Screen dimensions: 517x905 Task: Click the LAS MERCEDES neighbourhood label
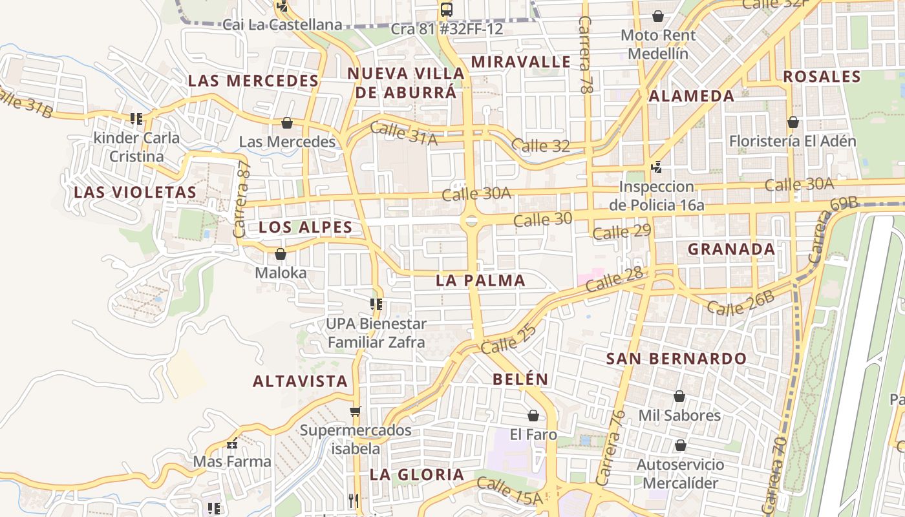tap(253, 81)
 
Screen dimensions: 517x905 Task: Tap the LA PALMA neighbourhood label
tap(480, 280)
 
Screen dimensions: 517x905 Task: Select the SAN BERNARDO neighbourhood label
tap(676, 359)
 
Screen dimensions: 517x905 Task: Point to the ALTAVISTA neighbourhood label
tap(301, 381)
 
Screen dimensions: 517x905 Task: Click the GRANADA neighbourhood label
tap(731, 249)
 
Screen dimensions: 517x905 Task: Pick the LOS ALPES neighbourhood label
tap(306, 227)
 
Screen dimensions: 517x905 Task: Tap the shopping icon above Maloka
tap(281, 255)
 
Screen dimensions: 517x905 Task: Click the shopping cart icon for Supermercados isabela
tap(355, 411)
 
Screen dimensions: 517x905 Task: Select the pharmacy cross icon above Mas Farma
tap(232, 444)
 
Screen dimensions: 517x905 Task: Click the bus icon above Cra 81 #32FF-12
tap(446, 10)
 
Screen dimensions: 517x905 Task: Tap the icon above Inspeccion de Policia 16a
tap(656, 167)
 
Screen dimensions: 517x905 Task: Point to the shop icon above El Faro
tap(533, 416)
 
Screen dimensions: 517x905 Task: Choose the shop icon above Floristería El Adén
tap(793, 122)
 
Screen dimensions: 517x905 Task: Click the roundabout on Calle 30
tap(471, 221)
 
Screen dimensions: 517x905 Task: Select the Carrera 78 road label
tap(586, 56)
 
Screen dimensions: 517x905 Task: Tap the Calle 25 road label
tap(509, 339)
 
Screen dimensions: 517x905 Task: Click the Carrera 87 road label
tap(242, 198)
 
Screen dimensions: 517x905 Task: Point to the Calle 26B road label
tap(740, 302)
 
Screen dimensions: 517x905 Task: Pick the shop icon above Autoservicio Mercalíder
tap(680, 445)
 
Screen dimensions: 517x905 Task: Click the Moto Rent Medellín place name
tap(658, 44)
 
